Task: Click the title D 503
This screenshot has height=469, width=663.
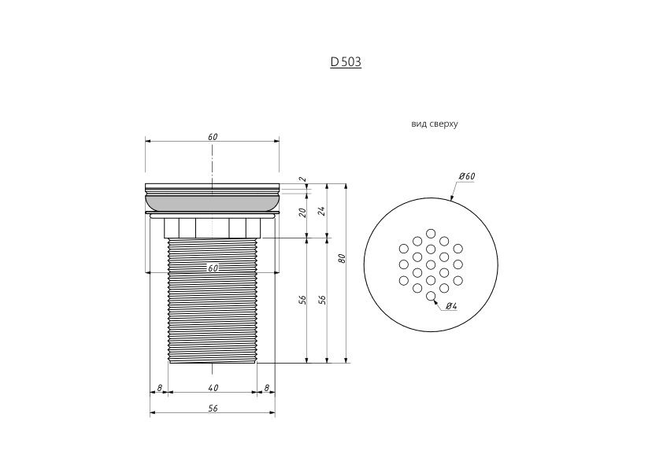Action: click(346, 62)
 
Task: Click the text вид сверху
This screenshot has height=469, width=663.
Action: click(434, 124)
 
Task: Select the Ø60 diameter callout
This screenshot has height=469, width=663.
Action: click(467, 176)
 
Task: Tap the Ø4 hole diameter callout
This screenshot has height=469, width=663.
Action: click(452, 305)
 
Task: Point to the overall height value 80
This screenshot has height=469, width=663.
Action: click(343, 258)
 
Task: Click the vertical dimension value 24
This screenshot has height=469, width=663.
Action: click(322, 211)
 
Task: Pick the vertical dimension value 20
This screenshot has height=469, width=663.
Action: click(302, 212)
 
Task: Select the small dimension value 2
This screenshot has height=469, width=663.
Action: click(302, 179)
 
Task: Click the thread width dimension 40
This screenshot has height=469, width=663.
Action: click(213, 387)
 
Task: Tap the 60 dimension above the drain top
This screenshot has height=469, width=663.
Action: click(213, 137)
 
